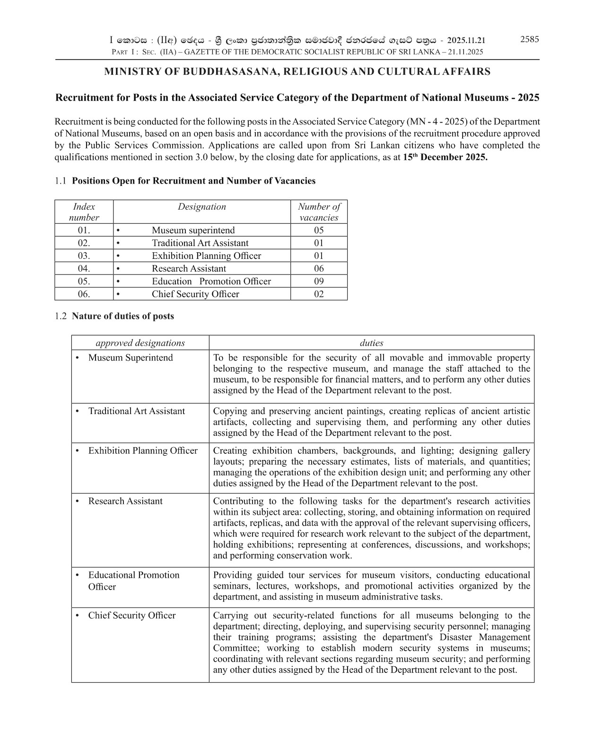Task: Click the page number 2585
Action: click(529, 39)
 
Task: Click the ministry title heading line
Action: click(297, 72)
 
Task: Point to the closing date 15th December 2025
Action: click(445, 157)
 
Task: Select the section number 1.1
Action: click(60, 181)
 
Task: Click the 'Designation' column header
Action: click(201, 207)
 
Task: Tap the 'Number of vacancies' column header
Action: click(319, 212)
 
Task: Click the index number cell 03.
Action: click(84, 256)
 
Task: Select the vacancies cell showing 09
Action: click(319, 281)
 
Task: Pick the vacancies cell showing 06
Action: click(319, 268)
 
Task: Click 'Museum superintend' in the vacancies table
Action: click(193, 230)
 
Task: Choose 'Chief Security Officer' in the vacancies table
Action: click(195, 294)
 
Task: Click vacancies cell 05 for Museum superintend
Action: click(319, 230)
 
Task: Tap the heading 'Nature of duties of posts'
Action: click(122, 316)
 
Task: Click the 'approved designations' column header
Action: click(140, 343)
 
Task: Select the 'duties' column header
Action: click(371, 343)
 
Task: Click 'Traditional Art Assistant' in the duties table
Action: click(136, 411)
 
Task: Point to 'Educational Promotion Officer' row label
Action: click(133, 580)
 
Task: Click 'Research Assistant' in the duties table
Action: click(125, 501)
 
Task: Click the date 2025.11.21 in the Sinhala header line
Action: click(466, 40)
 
